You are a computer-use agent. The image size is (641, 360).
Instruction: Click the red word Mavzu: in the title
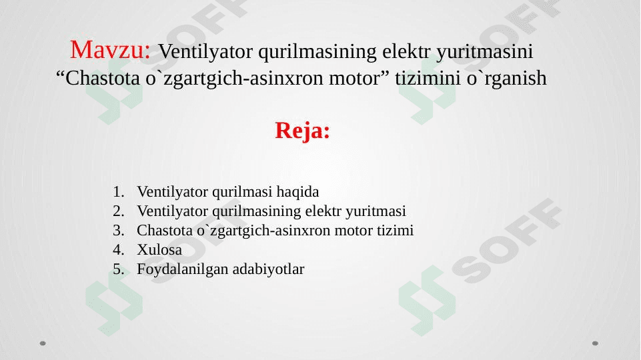point(113,49)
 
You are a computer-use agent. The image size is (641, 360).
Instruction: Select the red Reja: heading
point(302,131)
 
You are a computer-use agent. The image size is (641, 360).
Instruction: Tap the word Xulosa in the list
point(159,250)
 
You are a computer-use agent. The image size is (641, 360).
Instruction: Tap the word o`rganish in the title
point(510,79)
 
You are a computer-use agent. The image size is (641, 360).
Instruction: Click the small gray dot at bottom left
point(43,343)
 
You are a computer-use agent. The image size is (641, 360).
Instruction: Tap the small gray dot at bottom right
point(595,343)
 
